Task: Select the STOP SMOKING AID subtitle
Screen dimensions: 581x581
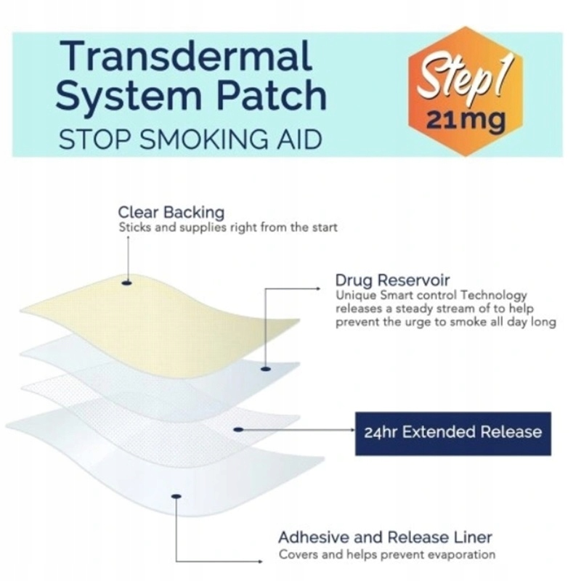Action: tap(190, 139)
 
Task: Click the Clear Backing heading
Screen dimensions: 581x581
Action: tap(171, 212)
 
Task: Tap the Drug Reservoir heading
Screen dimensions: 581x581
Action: tap(392, 280)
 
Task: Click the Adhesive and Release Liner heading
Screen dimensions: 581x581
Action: tap(385, 538)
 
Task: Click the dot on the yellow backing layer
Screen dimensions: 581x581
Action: tap(126, 282)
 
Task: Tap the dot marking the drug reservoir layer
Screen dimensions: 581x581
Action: tap(265, 369)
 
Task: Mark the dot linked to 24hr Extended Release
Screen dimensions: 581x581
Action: tap(237, 429)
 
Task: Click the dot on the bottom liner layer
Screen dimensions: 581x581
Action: tap(175, 497)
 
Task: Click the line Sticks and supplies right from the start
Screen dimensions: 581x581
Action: tap(228, 227)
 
